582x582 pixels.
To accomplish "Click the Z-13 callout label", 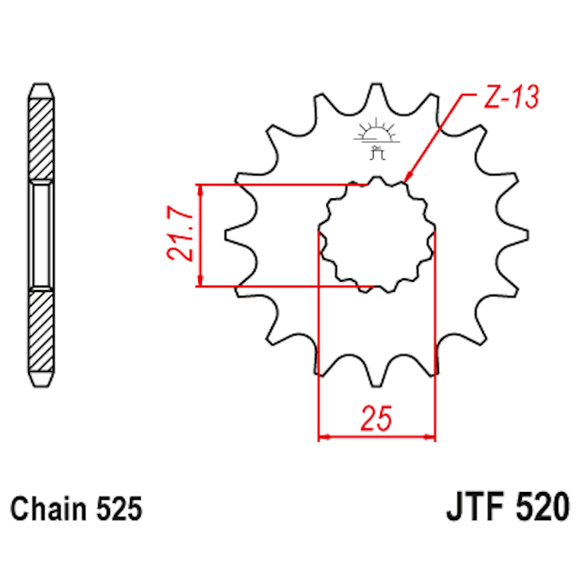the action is click(511, 97).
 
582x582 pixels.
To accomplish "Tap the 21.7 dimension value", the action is click(180, 233).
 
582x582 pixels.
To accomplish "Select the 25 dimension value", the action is click(376, 418).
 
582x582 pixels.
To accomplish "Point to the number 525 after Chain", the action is click(119, 508).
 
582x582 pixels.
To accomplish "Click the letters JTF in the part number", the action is click(476, 507).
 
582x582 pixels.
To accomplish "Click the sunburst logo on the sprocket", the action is click(376, 139).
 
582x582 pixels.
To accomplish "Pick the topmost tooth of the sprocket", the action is click(376, 96).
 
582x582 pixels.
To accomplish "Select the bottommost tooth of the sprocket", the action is click(376, 374).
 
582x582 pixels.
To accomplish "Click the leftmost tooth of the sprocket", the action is click(237, 236).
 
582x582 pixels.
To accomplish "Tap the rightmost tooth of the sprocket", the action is click(516, 236).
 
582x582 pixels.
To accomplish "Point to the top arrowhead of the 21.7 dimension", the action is click(201, 190).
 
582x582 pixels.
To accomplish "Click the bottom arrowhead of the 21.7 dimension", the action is click(201, 281).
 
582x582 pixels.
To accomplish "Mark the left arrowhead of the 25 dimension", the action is click(325, 436).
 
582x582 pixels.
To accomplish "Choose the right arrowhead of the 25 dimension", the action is click(428, 436).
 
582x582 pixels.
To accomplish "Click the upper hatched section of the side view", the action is click(41, 139).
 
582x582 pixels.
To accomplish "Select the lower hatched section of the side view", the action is click(41, 331).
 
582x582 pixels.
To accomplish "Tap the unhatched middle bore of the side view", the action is click(41, 236).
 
